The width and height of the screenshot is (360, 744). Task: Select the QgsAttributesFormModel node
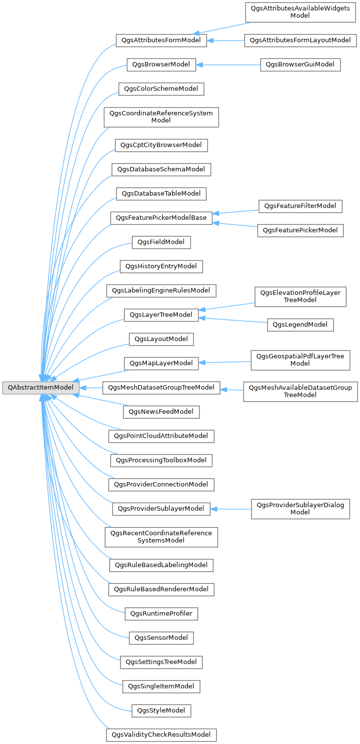click(x=161, y=40)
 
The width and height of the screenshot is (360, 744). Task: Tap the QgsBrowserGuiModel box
click(x=300, y=64)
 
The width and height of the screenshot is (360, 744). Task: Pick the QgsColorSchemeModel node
click(x=161, y=89)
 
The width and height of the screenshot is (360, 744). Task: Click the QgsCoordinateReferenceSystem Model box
click(x=161, y=117)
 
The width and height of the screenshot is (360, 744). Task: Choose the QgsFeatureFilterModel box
click(x=300, y=206)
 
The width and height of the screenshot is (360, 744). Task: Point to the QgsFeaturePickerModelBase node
click(x=161, y=218)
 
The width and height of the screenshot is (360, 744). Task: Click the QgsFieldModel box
click(x=161, y=242)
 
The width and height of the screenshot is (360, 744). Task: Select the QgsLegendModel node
click(x=300, y=325)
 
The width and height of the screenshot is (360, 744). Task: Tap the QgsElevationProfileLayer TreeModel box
click(x=300, y=297)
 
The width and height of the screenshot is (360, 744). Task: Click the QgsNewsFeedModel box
click(x=161, y=411)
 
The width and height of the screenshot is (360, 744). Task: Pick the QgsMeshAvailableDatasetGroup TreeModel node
click(x=300, y=392)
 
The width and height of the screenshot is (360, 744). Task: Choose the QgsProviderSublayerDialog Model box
click(x=300, y=509)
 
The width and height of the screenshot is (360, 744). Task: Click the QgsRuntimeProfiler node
click(x=161, y=614)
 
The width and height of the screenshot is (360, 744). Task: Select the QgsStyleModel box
click(x=161, y=711)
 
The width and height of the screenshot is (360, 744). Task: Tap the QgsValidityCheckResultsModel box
click(x=161, y=735)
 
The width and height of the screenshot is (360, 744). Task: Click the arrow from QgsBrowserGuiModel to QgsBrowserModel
click(x=228, y=64)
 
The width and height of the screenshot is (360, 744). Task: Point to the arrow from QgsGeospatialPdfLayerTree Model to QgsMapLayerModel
click(x=225, y=363)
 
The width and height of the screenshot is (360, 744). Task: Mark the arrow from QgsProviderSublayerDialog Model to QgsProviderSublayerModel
click(x=231, y=509)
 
